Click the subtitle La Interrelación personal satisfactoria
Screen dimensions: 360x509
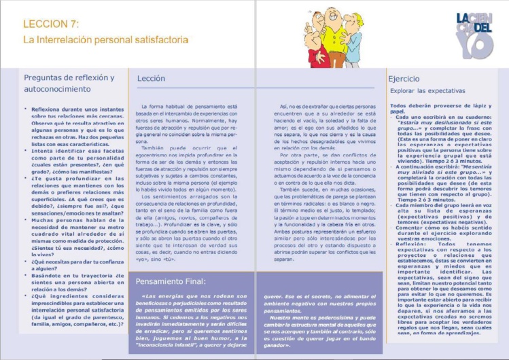(105, 40)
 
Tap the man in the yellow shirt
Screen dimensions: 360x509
(334, 41)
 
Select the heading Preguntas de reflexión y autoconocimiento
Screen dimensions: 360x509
(68, 83)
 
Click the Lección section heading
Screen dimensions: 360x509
(151, 79)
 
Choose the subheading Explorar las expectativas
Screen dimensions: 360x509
(422, 90)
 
